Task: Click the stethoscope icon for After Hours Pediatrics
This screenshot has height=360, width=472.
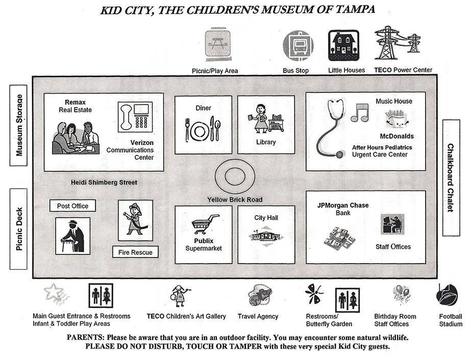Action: pos(330,127)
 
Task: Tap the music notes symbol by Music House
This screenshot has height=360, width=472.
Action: pos(360,113)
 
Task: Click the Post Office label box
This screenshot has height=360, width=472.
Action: pos(73,206)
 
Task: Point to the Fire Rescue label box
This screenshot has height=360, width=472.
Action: pos(136,252)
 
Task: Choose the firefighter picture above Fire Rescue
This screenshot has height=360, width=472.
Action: pos(135,220)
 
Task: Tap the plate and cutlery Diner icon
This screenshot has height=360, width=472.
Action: pos(203,130)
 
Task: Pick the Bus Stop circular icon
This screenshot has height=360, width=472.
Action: pos(298,46)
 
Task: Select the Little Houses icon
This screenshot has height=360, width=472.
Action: pos(343,45)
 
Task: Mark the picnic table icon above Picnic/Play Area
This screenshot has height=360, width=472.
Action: pos(218,45)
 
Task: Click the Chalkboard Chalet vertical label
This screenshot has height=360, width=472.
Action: pos(451,178)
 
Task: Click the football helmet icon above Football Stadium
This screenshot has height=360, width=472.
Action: pos(447,295)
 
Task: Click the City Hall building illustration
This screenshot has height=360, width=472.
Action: pos(266,236)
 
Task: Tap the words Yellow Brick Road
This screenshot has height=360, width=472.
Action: pos(234,199)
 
